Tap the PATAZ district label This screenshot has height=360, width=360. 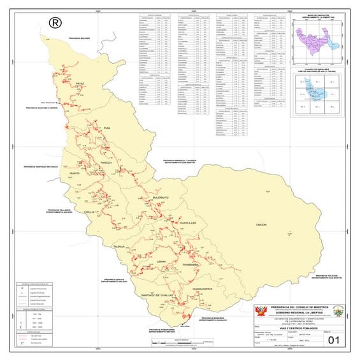(80, 84)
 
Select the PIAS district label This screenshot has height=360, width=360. (106, 128)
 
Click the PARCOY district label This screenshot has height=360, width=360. (106, 163)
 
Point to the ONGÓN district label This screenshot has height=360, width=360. (261, 226)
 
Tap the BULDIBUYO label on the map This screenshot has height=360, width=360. (161, 198)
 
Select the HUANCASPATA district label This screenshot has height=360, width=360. (205, 289)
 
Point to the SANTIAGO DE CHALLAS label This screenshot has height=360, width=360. (157, 296)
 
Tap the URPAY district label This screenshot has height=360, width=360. (162, 261)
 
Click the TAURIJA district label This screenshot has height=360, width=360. (119, 245)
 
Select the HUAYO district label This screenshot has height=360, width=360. (74, 173)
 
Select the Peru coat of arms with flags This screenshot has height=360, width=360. (259, 310)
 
